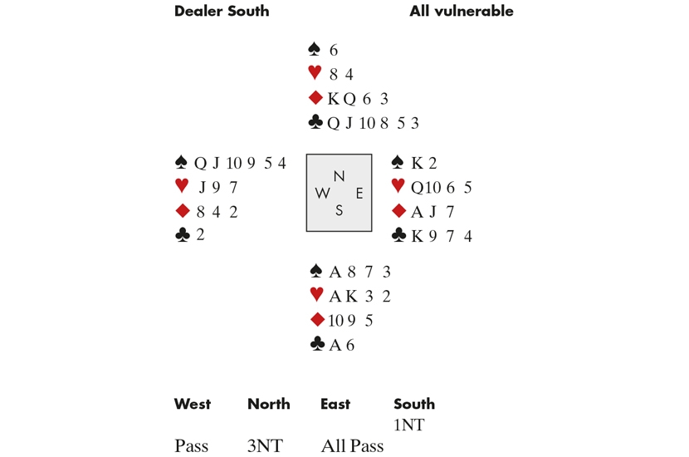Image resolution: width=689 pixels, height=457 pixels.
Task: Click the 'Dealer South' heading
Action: coord(222,11)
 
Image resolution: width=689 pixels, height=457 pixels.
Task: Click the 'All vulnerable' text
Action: coord(462,11)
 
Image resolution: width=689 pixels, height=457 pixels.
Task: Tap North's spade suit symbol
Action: coord(314,49)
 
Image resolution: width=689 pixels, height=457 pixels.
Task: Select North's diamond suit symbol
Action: coord(315,98)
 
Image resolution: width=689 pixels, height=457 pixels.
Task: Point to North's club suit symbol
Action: coord(315,122)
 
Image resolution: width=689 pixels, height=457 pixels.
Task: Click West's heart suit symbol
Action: coord(182,185)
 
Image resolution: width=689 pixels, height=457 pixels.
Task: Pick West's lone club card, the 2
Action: coord(200,235)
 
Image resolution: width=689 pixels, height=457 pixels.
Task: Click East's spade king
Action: coord(417,163)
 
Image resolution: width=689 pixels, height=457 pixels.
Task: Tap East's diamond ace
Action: coord(417,212)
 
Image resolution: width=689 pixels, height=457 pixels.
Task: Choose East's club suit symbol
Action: coord(398,235)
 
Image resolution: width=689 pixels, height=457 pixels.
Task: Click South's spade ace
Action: coord(335,273)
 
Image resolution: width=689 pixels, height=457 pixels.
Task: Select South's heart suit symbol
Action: coord(316,294)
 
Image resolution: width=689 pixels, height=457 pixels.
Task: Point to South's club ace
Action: coord(335,346)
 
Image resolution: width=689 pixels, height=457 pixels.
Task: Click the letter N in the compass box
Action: coord(339,176)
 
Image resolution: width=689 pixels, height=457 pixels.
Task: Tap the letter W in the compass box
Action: coord(323,193)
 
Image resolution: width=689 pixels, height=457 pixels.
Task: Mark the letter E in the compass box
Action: coord(359,193)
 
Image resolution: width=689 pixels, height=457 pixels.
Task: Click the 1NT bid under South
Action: coord(409,425)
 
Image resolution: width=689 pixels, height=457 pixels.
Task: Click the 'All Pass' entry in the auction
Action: coord(353,446)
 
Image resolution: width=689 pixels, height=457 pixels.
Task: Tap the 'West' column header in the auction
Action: coord(193,404)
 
